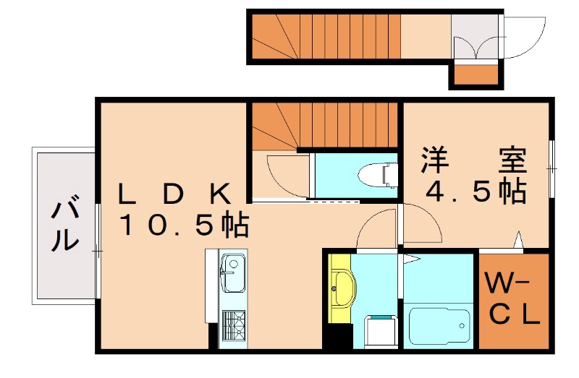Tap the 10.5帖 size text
pyautogui.click(x=184, y=226)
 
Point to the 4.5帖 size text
pyautogui.click(x=475, y=191)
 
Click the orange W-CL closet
pyautogui.click(x=511, y=299)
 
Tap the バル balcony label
pyautogui.click(x=64, y=224)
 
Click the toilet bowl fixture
pyautogui.click(x=380, y=174)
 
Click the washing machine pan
pyautogui.click(x=378, y=333)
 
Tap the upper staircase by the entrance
pyautogui.click(x=326, y=37)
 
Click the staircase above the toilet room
pyautogui.click(x=326, y=124)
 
